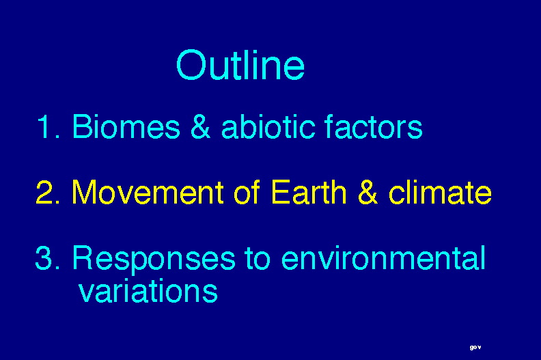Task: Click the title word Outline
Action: (240, 65)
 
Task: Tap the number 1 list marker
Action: (48, 126)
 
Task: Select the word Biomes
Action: (126, 126)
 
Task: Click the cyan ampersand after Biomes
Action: (200, 126)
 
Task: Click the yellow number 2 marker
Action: (48, 192)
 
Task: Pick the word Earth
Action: (309, 192)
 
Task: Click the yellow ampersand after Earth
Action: (367, 192)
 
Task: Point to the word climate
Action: (441, 192)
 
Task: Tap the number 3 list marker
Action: (48, 258)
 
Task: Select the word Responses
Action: (154, 260)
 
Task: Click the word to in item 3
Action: (258, 258)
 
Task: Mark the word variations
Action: (148, 290)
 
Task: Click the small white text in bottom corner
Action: (475, 348)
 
